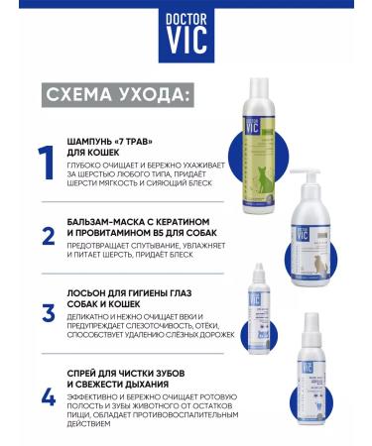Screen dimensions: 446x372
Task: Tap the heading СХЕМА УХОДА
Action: click(x=118, y=95)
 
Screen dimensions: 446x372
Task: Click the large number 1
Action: click(x=45, y=163)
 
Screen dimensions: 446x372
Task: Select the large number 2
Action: click(x=47, y=237)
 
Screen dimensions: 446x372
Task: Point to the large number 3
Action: click(x=47, y=314)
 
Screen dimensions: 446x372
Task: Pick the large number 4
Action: click(x=47, y=396)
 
